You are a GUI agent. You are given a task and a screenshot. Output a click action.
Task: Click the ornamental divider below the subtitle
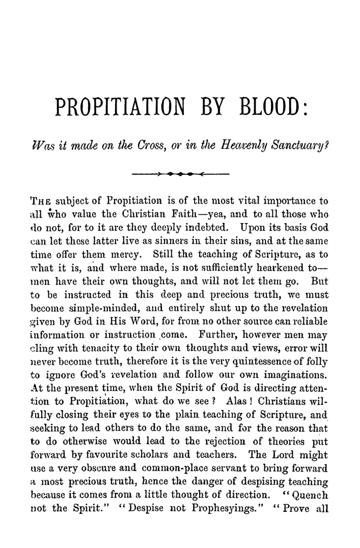coord(180,174)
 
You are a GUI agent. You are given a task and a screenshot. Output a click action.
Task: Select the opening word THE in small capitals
coord(41,201)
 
